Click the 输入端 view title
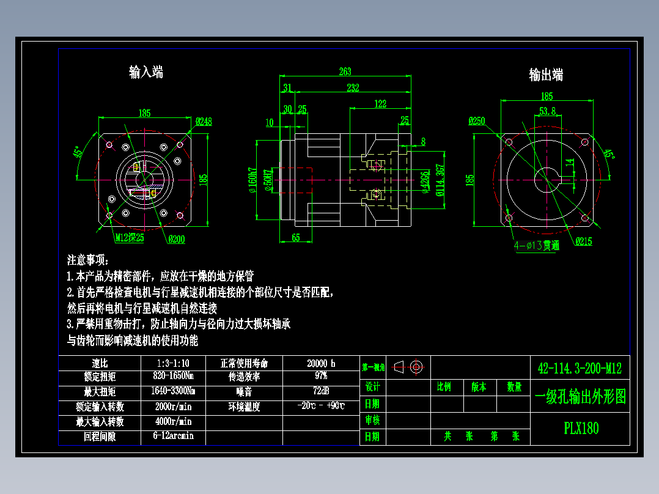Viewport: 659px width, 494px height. pyautogui.click(x=145, y=72)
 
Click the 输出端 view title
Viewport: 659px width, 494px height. pyautogui.click(x=546, y=75)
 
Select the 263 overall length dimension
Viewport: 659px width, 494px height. pyautogui.click(x=345, y=72)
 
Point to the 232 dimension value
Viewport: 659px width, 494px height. pyautogui.click(x=353, y=88)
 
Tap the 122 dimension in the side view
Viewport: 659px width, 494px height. pyautogui.click(x=380, y=103)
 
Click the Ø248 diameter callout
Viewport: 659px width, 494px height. pyautogui.click(x=204, y=121)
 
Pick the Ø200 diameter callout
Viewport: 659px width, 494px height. pyautogui.click(x=177, y=239)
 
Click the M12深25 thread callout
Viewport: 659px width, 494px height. pyautogui.click(x=130, y=238)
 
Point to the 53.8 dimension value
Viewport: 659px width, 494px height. pyautogui.click(x=547, y=111)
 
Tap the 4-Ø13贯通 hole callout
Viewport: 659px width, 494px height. pyautogui.click(x=536, y=246)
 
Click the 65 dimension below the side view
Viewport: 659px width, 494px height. pyautogui.click(x=295, y=237)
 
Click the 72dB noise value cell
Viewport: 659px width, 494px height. pyautogui.click(x=321, y=391)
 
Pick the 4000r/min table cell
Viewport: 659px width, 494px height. pyautogui.click(x=174, y=421)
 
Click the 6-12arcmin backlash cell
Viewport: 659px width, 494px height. pyautogui.click(x=174, y=436)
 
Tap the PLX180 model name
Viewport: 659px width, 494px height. pyautogui.click(x=581, y=428)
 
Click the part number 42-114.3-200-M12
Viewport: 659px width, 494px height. pyautogui.click(x=579, y=368)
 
